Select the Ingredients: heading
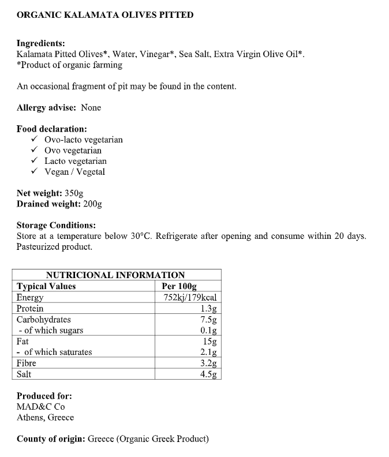point(40,44)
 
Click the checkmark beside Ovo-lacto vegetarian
point(35,140)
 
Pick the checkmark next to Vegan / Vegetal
point(35,172)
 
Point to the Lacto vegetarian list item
point(75,161)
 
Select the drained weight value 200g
point(92,204)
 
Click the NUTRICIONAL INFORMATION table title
point(115,275)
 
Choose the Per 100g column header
point(179,286)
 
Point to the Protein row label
point(30,309)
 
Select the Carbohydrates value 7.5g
point(208,320)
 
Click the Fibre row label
point(27,363)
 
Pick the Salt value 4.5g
point(208,374)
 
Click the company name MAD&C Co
point(41,407)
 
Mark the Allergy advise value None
point(91,108)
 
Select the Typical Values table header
point(46,286)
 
